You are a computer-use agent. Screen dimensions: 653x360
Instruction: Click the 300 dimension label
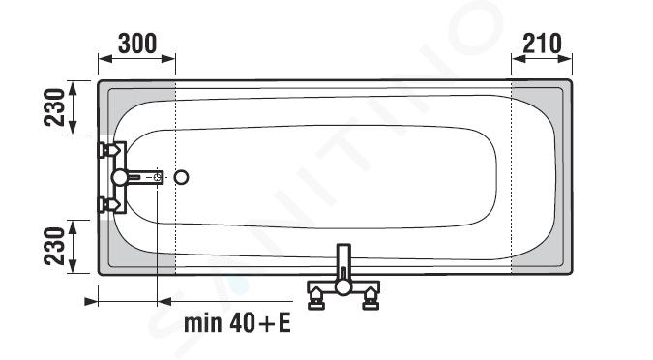137,44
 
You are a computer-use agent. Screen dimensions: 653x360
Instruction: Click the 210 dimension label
542,44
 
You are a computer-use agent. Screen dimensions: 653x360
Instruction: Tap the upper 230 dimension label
54,107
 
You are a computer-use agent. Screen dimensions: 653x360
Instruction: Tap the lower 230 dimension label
54,246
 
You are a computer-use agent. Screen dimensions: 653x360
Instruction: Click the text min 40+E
237,323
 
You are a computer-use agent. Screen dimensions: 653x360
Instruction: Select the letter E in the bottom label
284,323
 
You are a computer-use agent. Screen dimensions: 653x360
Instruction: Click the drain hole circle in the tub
181,177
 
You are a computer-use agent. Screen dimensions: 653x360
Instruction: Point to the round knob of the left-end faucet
120,177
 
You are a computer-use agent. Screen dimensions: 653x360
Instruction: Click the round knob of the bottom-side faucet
343,287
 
